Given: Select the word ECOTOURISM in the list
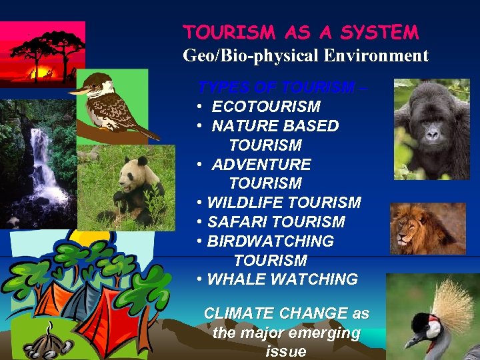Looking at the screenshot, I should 266,107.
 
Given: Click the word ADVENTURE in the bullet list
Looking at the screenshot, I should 261,164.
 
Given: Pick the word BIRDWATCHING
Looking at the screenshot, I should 271,241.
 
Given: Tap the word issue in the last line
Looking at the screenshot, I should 286,351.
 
